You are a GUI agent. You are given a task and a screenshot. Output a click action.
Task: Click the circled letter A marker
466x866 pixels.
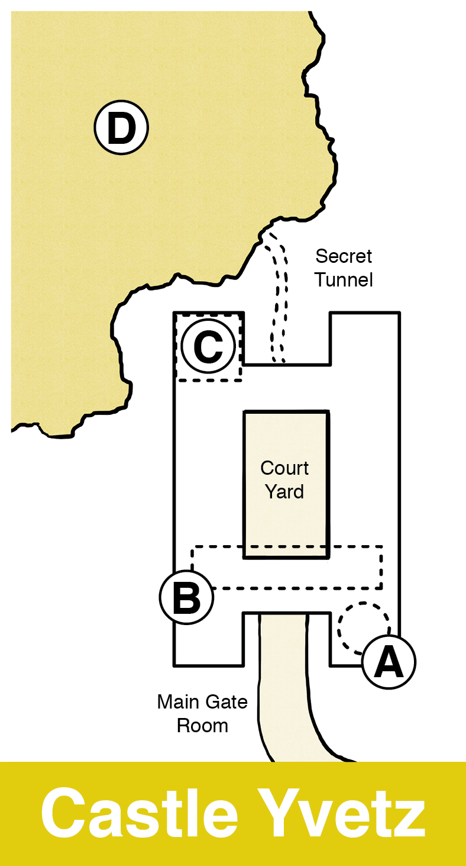click(x=389, y=662)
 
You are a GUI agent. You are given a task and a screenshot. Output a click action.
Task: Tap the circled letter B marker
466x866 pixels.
click(x=186, y=597)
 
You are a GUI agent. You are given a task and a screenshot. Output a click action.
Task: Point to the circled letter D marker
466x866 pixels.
click(x=121, y=128)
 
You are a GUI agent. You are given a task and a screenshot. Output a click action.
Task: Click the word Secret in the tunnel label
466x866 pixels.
click(x=344, y=256)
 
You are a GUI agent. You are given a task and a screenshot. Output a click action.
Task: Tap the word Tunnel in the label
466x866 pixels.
click(x=344, y=279)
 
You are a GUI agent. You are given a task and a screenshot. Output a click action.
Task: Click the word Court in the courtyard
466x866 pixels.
click(x=284, y=469)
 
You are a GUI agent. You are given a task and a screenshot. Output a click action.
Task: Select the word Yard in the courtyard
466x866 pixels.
click(x=284, y=492)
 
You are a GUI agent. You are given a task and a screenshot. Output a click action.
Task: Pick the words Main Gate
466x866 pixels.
click(x=202, y=703)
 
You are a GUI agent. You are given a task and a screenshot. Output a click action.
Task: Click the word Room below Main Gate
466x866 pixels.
click(x=202, y=726)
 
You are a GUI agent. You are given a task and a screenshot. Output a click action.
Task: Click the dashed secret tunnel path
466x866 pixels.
click(x=276, y=296)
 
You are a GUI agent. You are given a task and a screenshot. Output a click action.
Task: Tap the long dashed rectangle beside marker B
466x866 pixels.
click(x=296, y=588)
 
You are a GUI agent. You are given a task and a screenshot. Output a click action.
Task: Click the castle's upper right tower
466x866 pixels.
click(x=364, y=337)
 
